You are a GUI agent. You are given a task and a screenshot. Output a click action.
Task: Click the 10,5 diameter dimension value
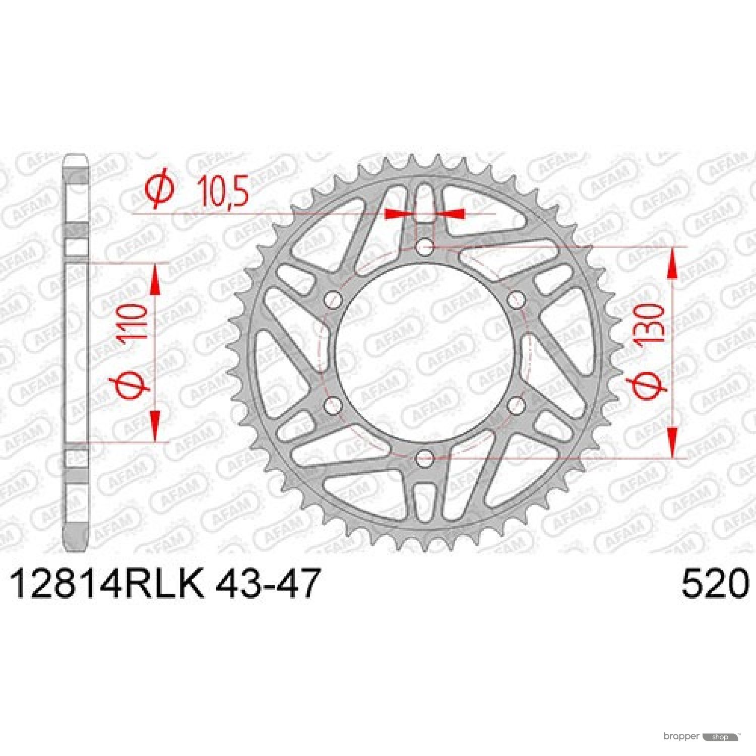(224, 191)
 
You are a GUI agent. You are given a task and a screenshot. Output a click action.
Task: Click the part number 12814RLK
(107, 584)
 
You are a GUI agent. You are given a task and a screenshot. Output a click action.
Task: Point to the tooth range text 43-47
(268, 584)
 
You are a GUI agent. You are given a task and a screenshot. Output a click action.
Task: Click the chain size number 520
(715, 584)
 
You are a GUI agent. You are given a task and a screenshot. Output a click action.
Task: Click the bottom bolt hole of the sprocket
(425, 459)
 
